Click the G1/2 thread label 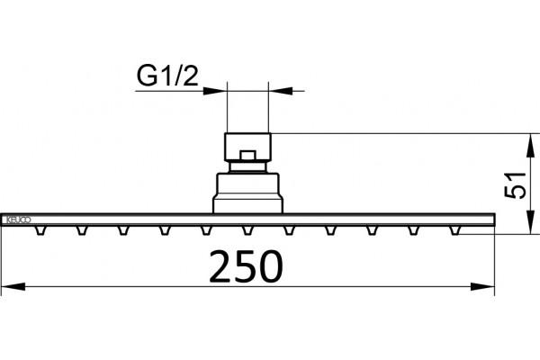tap(167, 76)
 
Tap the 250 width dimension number tap(246, 266)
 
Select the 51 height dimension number tap(516, 184)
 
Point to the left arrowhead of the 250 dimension tap(13, 286)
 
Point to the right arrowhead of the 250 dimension tap(482, 286)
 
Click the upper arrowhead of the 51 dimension tap(531, 145)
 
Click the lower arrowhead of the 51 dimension tap(531, 222)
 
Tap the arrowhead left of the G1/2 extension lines tap(215, 91)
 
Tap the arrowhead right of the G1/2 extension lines tap(280, 91)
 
